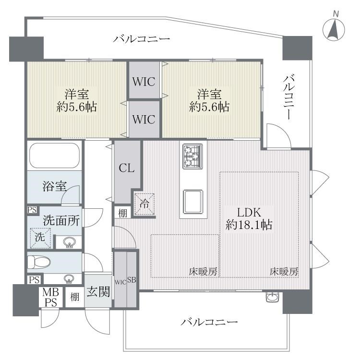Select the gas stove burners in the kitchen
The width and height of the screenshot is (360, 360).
click(192, 156)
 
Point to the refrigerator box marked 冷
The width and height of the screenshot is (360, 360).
click(144, 203)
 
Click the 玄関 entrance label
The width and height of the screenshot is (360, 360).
click(97, 291)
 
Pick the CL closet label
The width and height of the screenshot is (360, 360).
click(127, 168)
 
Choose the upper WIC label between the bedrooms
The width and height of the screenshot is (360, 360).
click(144, 82)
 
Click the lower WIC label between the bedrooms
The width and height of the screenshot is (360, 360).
click(144, 119)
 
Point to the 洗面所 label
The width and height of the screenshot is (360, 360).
click(61, 221)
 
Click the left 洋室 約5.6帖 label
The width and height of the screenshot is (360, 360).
click(77, 100)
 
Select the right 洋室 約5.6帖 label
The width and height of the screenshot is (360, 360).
click(209, 100)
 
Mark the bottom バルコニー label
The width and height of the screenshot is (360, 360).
click(209, 323)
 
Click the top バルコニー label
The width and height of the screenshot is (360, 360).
click(142, 39)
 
